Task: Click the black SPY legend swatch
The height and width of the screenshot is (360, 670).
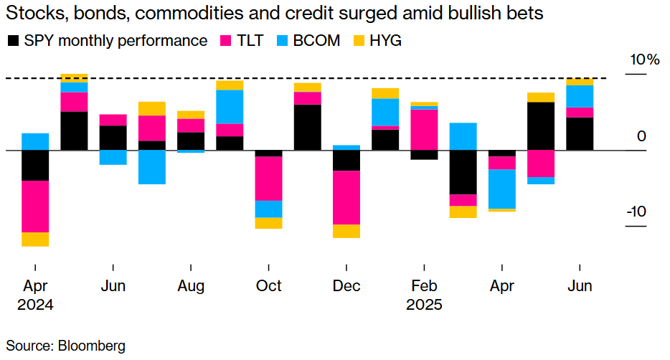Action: click(13, 41)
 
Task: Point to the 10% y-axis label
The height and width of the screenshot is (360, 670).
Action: click(643, 60)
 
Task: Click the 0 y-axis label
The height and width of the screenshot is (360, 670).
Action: click(642, 136)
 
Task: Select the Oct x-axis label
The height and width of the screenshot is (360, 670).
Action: click(268, 286)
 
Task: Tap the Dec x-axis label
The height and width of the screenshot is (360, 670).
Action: click(346, 286)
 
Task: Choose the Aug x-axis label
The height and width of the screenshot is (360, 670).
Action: click(191, 286)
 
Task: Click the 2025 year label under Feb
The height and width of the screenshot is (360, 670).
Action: click(425, 305)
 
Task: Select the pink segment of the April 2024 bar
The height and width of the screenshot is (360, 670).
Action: click(35, 206)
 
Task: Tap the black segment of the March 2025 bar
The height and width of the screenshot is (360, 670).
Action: click(463, 172)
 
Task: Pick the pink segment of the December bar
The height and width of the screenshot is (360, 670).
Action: click(346, 197)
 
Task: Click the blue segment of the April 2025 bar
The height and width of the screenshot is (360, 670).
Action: click(501, 189)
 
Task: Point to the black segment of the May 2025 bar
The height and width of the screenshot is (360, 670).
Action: click(540, 126)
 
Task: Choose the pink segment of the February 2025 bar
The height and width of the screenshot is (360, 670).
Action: click(424, 129)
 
